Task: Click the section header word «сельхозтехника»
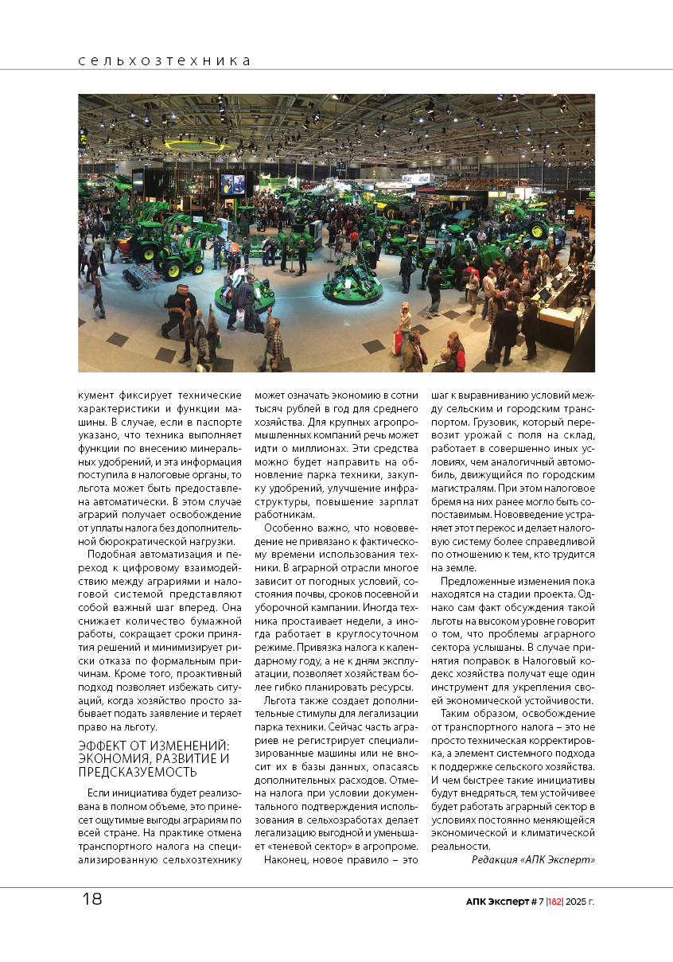[164, 61]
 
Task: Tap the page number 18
[92, 900]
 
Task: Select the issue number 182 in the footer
[555, 902]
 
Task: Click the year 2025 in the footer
[578, 902]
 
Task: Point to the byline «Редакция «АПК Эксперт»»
[533, 860]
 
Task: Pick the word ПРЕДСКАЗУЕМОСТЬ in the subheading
[138, 772]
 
